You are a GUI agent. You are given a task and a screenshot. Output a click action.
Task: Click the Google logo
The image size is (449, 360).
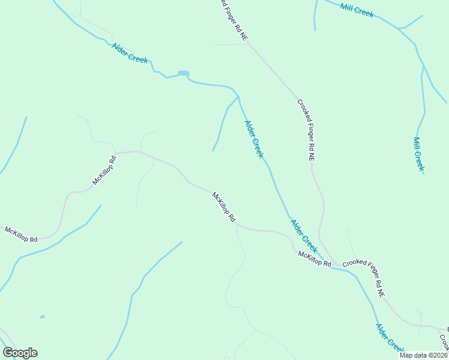20,353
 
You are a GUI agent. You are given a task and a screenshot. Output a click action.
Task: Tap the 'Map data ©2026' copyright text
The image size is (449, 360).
423,355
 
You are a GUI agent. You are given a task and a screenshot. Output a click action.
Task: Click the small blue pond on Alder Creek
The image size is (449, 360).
184,74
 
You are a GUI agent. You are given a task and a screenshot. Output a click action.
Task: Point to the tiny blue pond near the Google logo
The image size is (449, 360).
41,316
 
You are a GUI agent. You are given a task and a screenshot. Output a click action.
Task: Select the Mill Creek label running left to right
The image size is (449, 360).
357,10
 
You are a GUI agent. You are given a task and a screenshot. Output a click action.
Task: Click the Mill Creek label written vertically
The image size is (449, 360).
418,154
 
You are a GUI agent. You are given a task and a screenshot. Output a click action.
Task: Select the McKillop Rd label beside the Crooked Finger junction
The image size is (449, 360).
315,259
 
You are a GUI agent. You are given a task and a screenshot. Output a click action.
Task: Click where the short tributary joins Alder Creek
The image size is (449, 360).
238,96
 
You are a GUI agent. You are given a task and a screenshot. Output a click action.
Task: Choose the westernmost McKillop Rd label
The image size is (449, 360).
20,234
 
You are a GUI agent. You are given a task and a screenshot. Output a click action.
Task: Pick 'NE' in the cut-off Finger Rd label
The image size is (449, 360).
243,35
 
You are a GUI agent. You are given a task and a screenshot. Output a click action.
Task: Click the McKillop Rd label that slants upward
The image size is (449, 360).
103,170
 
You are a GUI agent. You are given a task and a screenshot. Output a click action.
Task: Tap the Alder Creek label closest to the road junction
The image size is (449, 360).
304,235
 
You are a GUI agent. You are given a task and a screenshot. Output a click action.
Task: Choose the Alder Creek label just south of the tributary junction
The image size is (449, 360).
253,139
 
